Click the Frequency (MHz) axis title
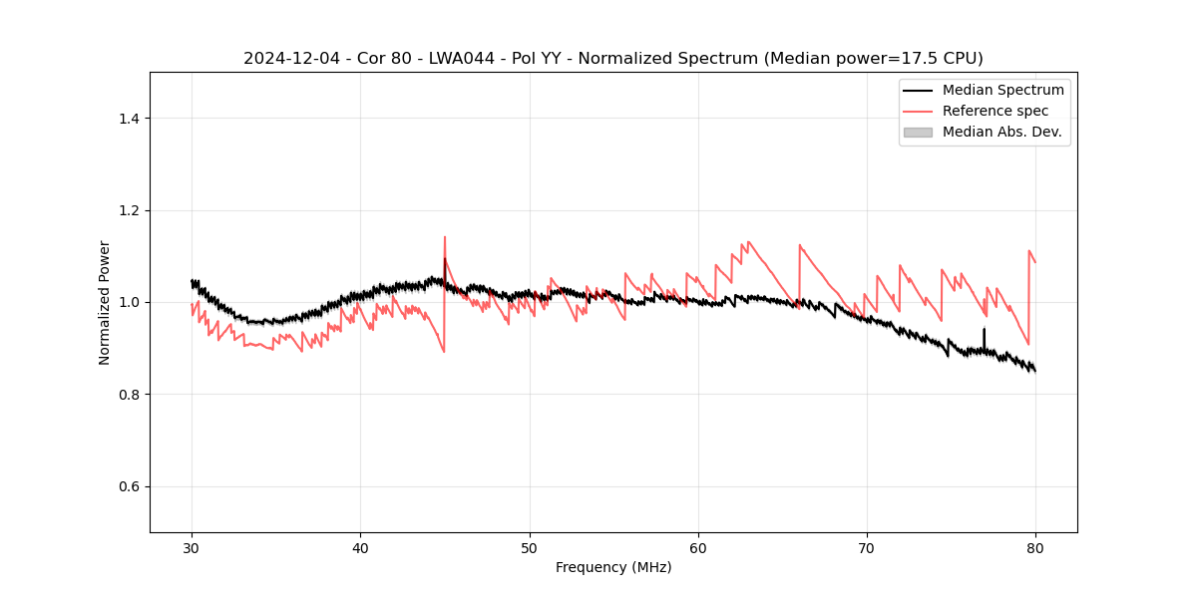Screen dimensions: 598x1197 point(613,567)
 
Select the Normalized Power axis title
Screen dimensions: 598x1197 point(105,302)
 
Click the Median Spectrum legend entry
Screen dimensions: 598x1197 point(1002,90)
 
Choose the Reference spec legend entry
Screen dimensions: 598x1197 point(996,111)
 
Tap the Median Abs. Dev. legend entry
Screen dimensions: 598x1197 point(1001,132)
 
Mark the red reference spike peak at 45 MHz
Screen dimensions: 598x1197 point(445,237)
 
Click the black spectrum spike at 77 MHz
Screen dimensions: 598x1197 point(985,329)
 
